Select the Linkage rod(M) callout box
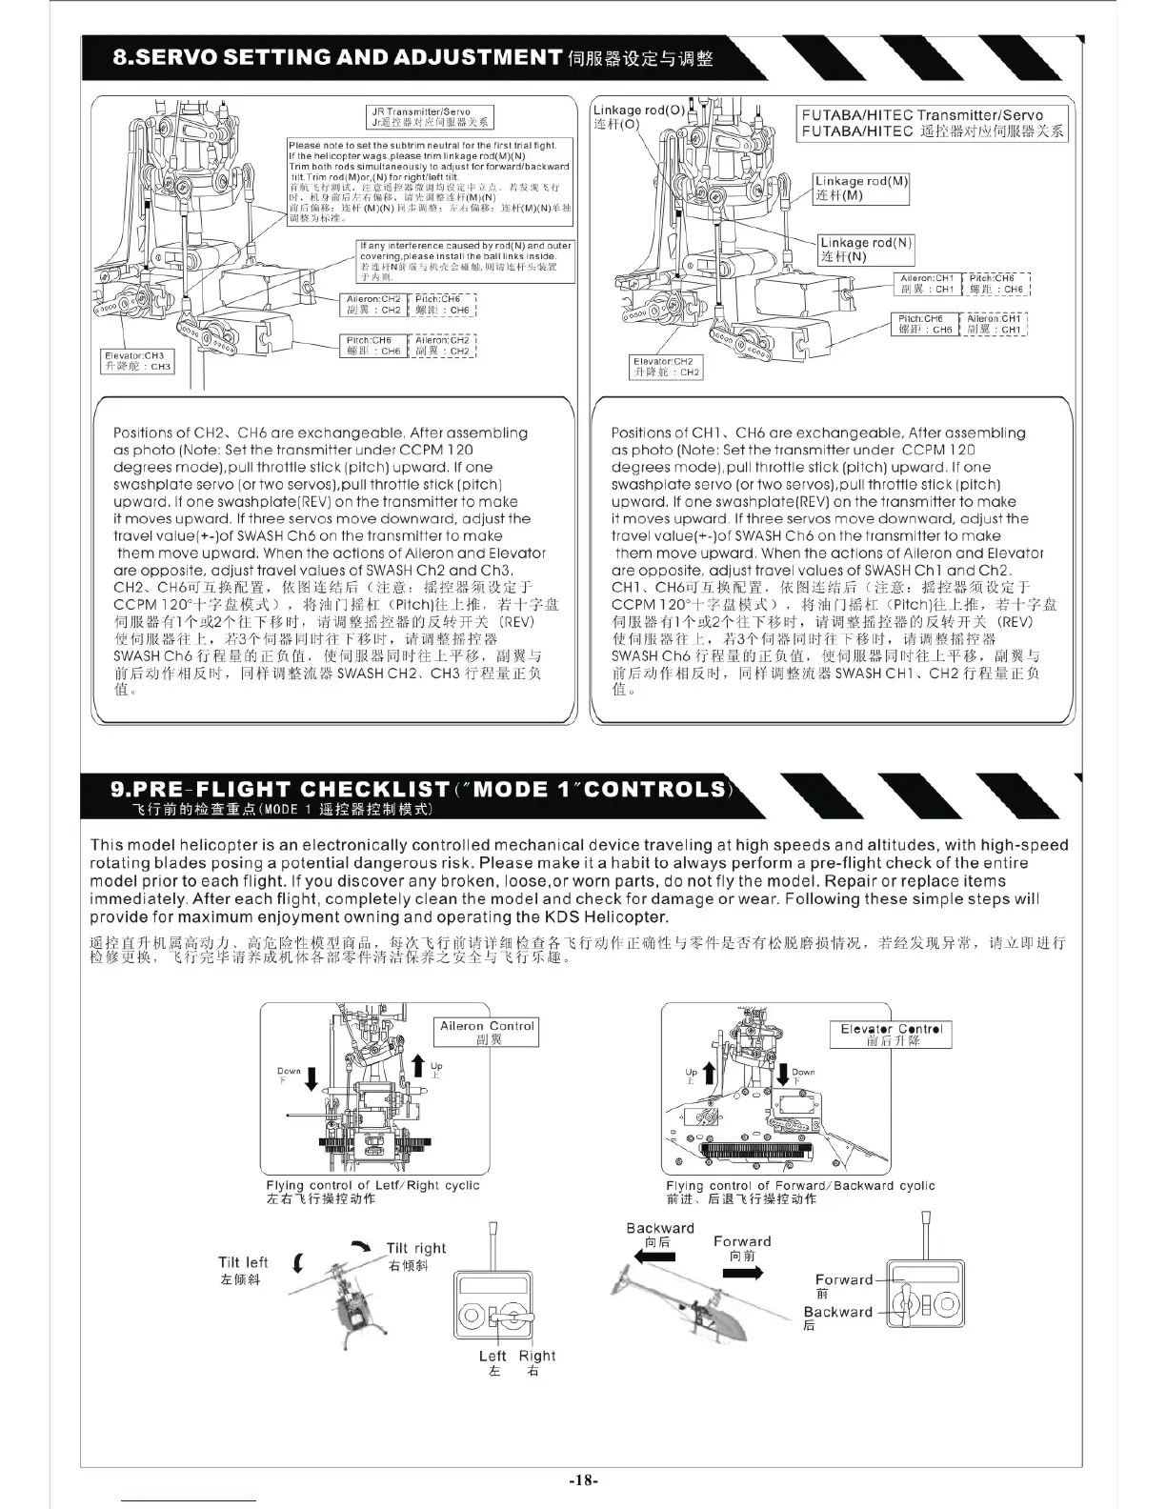tap(861, 188)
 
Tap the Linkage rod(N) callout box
tap(866, 250)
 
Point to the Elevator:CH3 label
tap(138, 361)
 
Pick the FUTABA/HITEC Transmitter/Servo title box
tap(933, 123)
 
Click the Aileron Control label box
tap(487, 1033)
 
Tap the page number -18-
tap(583, 1480)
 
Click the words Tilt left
tap(243, 1262)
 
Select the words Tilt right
tap(415, 1248)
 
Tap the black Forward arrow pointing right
tap(742, 1273)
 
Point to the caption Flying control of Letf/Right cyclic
tap(372, 1185)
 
